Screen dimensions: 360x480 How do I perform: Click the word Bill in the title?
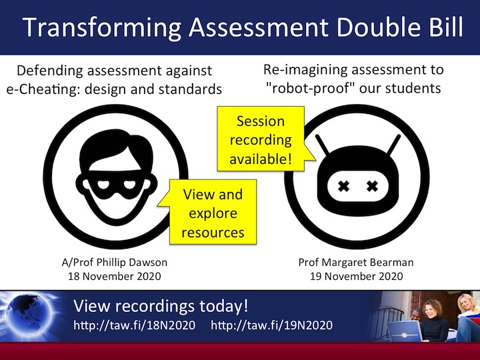coord(437,28)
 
